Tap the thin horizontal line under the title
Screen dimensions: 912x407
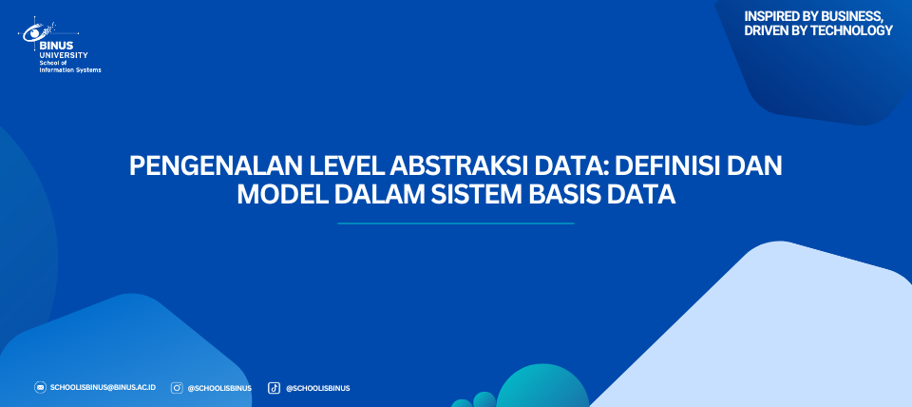pyautogui.click(x=456, y=223)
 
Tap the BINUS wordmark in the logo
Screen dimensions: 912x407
pyautogui.click(x=56, y=46)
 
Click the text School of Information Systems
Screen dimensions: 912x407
pyautogui.click(x=69, y=66)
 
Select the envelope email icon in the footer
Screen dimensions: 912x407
pyautogui.click(x=40, y=387)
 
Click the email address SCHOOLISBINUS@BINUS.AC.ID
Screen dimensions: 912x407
pyautogui.click(x=103, y=388)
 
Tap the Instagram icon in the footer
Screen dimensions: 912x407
pyautogui.click(x=177, y=388)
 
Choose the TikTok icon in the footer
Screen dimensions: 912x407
pyautogui.click(x=274, y=388)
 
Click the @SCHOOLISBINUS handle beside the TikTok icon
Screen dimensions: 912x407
pyautogui.click(x=317, y=388)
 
